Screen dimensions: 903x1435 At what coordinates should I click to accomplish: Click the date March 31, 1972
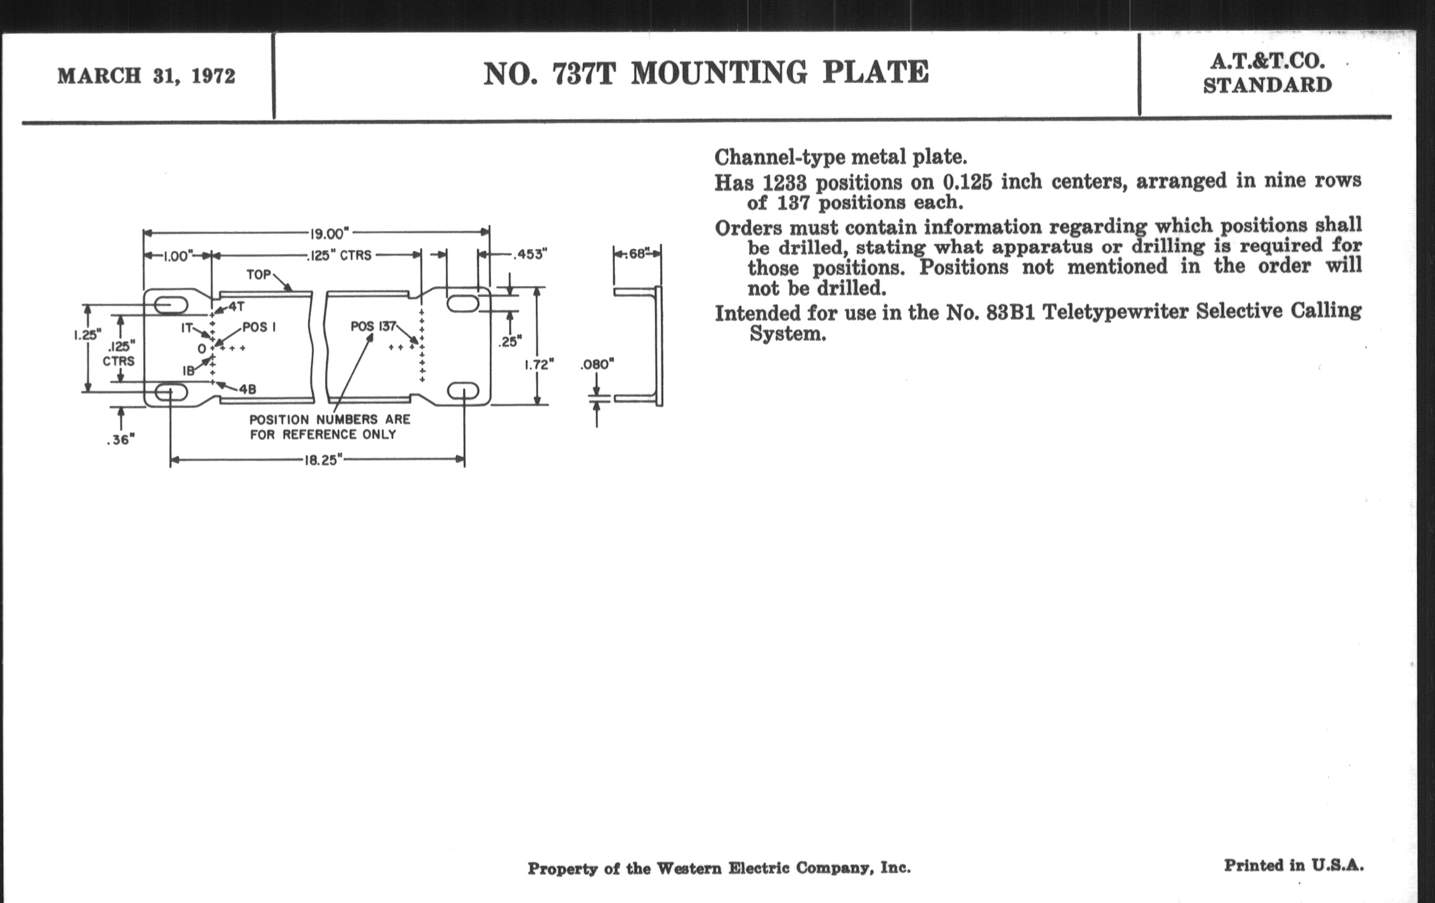[x=146, y=76]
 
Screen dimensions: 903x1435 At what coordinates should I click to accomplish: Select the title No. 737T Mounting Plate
[x=706, y=73]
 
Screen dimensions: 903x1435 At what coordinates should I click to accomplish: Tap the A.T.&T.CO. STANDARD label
[x=1267, y=73]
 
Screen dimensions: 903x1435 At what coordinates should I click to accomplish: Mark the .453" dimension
[x=530, y=254]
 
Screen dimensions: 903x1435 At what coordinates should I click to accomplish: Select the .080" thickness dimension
[x=597, y=364]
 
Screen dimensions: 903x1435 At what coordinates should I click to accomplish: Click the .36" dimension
[x=120, y=440]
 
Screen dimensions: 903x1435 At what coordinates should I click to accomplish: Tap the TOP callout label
[x=259, y=275]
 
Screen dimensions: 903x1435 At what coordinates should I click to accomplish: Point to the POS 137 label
[x=373, y=326]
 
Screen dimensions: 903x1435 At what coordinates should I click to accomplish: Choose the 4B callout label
[x=247, y=389]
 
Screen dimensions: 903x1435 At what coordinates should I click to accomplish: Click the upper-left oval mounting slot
[x=171, y=305]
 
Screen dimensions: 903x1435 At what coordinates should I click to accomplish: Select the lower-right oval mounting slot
[x=463, y=391]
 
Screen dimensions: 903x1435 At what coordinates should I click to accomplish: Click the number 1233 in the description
[x=784, y=182]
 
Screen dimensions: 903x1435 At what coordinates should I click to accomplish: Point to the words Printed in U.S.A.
[x=1293, y=865]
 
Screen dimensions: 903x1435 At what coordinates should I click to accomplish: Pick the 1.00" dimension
[x=177, y=256]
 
